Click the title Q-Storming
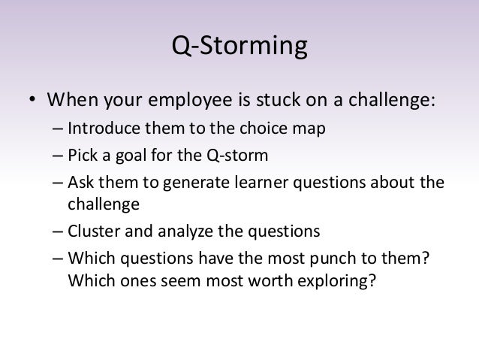click(239, 47)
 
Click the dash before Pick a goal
click(59, 156)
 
